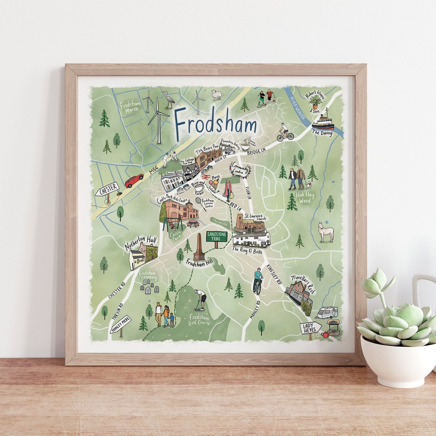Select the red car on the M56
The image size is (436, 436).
coord(134,180)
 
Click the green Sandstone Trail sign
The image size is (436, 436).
coord(217,237)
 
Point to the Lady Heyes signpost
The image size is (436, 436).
coord(310,327)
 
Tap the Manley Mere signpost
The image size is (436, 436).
coord(120,324)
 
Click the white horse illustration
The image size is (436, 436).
coord(326,232)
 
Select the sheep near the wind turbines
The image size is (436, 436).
coord(217,95)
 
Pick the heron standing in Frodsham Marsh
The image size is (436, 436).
coord(168,99)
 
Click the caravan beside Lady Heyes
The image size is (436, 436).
coord(327,312)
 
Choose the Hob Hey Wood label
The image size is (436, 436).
coord(305,197)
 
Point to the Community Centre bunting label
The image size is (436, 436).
coord(240,170)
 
